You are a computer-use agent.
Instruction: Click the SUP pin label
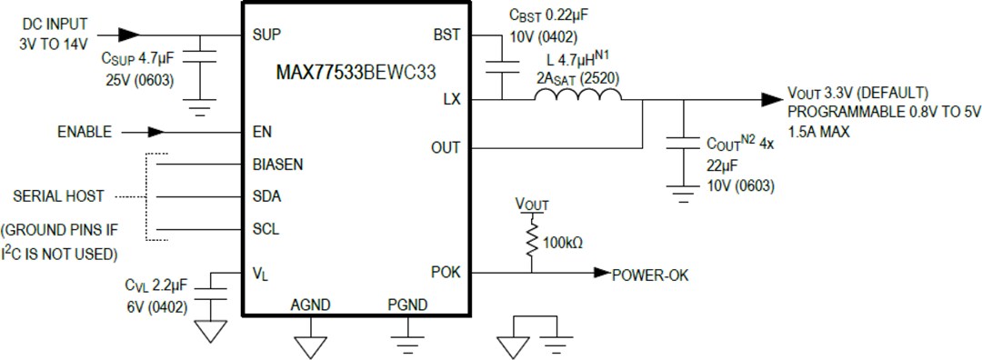(x=266, y=35)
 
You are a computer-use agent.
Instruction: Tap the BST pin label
(x=447, y=35)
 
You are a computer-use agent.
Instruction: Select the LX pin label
(x=452, y=99)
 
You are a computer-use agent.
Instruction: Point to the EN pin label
(x=262, y=132)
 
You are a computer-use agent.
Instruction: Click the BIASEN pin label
(x=278, y=165)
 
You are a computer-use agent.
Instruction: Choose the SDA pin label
(x=266, y=196)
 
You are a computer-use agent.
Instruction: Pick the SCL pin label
(x=266, y=229)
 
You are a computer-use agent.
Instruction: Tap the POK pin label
(x=446, y=272)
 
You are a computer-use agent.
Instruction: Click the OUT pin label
(x=446, y=147)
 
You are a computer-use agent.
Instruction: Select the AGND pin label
(x=310, y=305)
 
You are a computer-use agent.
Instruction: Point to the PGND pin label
(x=406, y=305)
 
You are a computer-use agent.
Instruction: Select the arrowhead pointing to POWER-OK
(x=601, y=272)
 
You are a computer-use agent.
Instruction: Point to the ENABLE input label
(x=84, y=132)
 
